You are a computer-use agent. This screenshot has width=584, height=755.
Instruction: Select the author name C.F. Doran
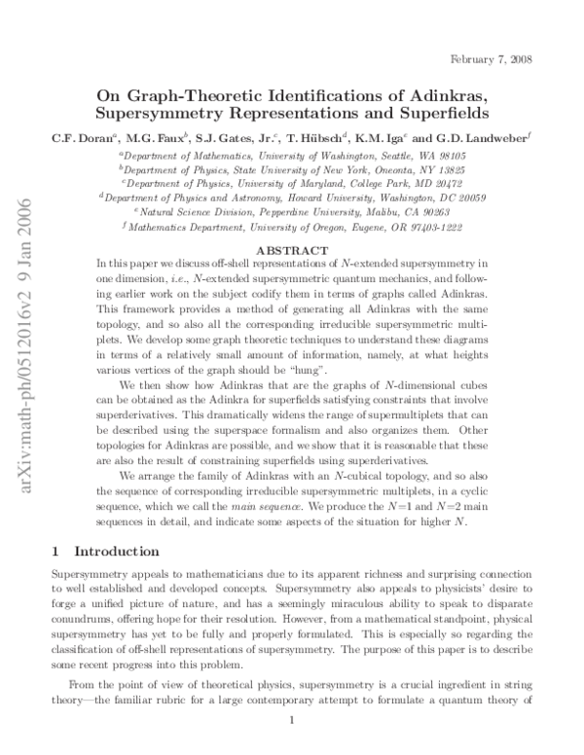coord(78,139)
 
